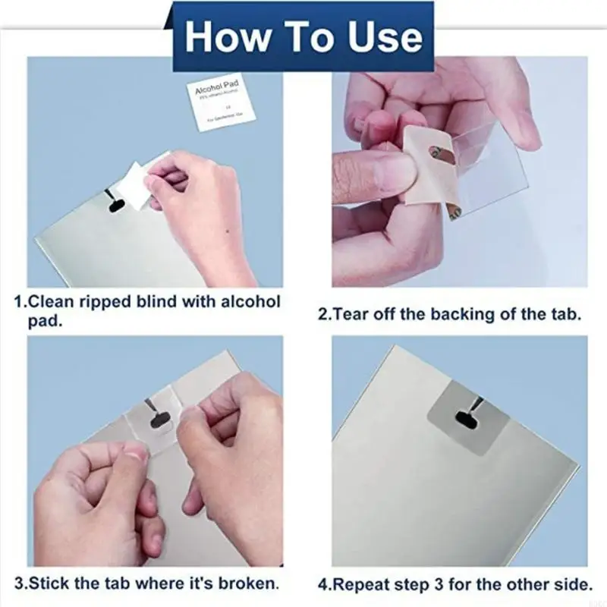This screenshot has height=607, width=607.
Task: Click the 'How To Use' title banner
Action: (x=303, y=36)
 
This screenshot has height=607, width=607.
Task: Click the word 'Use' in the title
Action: (x=385, y=36)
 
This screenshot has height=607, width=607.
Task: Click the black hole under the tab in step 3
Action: (x=161, y=418)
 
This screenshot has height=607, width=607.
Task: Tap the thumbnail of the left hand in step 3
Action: (x=135, y=452)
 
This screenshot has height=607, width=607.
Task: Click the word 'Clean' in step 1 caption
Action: (x=49, y=301)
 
